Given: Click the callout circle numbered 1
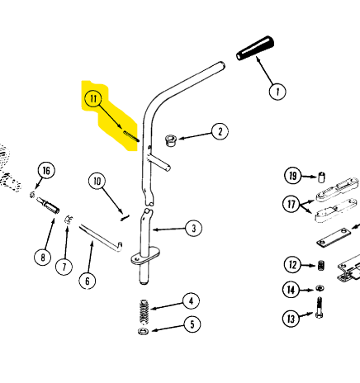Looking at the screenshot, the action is point(277,92).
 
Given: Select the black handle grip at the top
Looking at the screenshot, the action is point(255,48).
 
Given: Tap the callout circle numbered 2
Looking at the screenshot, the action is point(220,132).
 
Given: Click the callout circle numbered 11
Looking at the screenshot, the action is point(93,98).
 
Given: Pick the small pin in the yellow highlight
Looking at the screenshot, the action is point(131,136).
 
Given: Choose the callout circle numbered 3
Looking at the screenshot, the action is point(194,228).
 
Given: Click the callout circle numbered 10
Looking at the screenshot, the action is point(97,182).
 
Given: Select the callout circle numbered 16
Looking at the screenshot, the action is point(46,171).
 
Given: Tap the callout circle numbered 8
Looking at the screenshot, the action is point(43,258).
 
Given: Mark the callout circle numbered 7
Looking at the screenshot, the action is point(64,267).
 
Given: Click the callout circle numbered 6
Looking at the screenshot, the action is point(88,281).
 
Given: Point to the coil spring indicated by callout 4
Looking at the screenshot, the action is point(144,311).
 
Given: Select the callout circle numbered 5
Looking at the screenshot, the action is point(192,324).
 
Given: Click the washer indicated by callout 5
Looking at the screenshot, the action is point(143,331).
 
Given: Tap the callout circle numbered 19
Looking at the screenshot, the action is point(292,176).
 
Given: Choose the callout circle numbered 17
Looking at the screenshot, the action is point(291,204).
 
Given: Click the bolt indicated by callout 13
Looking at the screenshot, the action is point(319,308).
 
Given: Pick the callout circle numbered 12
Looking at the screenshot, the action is point(292,265).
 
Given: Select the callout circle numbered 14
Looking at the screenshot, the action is point(291,290).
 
